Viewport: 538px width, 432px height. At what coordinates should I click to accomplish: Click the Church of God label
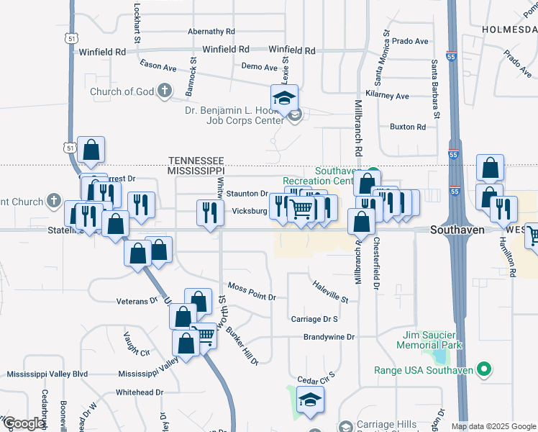[122, 91]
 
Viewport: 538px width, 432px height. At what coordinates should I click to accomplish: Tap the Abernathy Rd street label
[211, 32]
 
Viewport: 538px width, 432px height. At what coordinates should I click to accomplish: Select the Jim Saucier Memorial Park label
[429, 341]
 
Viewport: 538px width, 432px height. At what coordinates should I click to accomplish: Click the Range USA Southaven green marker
[484, 370]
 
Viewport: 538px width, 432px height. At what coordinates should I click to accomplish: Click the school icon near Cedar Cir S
[310, 400]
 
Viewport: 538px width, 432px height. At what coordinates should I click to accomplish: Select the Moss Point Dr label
[252, 287]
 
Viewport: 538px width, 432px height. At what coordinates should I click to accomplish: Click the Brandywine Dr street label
[329, 336]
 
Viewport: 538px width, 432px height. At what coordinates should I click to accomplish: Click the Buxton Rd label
[407, 127]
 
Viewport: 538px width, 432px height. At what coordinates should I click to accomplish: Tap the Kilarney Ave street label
[387, 96]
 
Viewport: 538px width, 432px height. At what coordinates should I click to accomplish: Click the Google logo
[24, 423]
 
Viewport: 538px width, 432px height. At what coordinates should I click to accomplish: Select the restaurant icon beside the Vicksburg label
[209, 212]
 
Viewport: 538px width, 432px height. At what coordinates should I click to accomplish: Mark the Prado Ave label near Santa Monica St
[410, 41]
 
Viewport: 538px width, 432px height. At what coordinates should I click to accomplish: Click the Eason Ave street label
[158, 66]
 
